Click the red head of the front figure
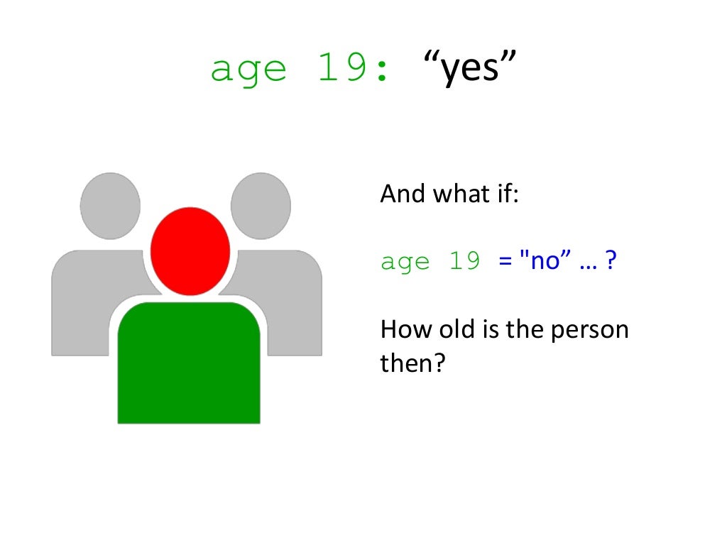[190, 251]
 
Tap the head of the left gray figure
[110, 205]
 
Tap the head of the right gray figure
[261, 205]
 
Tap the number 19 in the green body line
[464, 261]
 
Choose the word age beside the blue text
[406, 263]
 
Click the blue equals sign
[505, 262]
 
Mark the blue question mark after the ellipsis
[610, 261]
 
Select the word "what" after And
[455, 194]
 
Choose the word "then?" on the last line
[412, 364]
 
